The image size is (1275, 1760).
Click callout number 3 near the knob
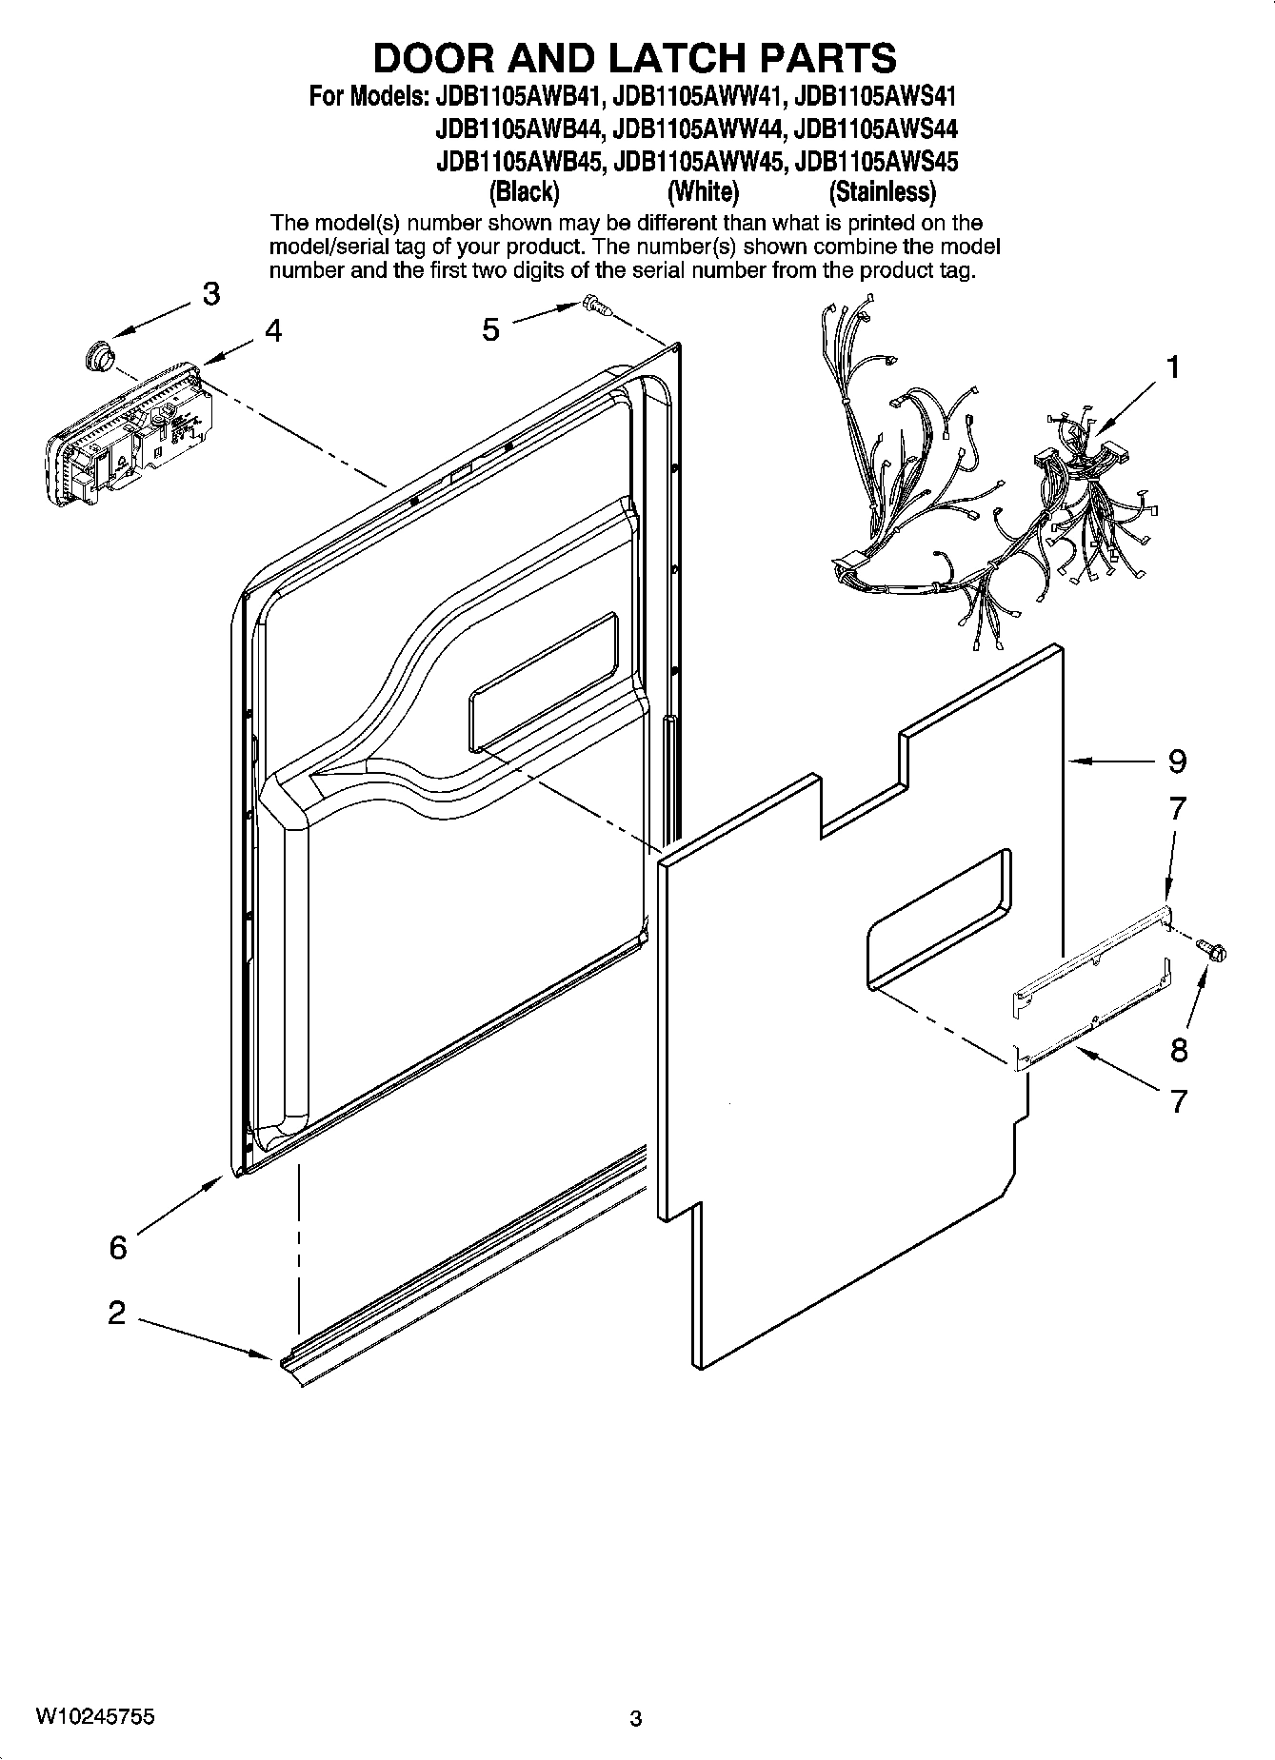click(210, 293)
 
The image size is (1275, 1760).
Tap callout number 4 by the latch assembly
click(273, 330)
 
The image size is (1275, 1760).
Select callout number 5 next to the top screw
click(490, 329)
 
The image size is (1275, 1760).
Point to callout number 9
click(1178, 761)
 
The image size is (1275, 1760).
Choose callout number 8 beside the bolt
click(1179, 1050)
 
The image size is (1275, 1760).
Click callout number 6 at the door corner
click(118, 1246)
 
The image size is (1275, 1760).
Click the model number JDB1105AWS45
click(875, 161)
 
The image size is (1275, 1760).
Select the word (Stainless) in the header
click(883, 192)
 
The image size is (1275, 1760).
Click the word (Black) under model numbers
click(524, 192)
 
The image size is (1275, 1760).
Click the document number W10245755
click(95, 1716)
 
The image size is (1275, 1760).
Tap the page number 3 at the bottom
click(636, 1718)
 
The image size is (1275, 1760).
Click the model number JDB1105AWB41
click(518, 96)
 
